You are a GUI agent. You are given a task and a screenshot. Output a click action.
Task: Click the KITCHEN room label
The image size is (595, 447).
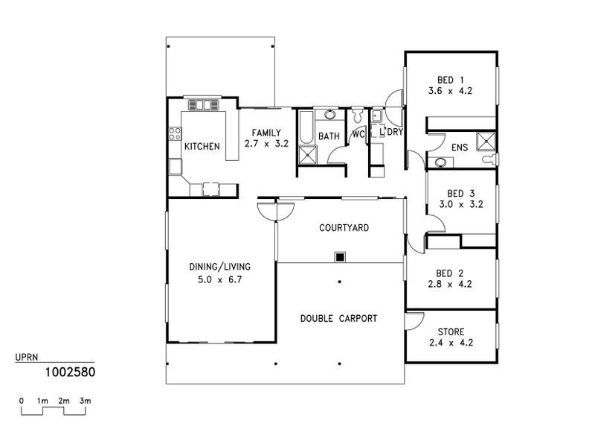click(202, 146)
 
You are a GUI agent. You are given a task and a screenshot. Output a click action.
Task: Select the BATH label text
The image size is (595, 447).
click(329, 136)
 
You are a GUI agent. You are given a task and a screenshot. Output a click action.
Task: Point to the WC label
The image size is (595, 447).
click(358, 135)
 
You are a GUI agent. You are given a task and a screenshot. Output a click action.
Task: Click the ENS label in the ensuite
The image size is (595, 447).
click(459, 148)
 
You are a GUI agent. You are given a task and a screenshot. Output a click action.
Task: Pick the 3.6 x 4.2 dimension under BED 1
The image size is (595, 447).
click(450, 91)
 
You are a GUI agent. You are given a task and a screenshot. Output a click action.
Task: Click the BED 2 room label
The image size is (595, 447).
click(451, 273)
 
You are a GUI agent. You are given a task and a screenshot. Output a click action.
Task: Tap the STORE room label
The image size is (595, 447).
click(451, 332)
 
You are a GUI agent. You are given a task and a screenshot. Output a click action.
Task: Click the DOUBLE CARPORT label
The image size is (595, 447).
click(338, 318)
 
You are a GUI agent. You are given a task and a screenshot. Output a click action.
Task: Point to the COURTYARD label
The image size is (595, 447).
click(344, 228)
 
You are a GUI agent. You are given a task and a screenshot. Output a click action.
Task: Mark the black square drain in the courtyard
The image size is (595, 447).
click(340, 257)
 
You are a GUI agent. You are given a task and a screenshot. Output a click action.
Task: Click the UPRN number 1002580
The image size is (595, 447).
click(69, 370)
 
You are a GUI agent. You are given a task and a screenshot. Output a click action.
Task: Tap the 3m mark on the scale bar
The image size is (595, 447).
click(86, 401)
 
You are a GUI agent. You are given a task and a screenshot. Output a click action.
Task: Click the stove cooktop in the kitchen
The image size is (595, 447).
click(176, 134)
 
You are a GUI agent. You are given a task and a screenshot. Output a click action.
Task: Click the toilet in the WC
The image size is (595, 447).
click(358, 116)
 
